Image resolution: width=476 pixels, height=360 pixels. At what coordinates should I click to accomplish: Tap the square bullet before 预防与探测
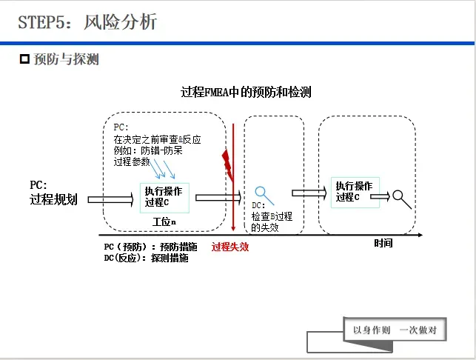pyautogui.click(x=24, y=59)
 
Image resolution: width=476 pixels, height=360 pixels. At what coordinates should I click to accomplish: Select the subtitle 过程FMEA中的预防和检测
pyautogui.click(x=246, y=93)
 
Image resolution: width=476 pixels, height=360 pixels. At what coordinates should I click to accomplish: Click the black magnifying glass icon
pyautogui.click(x=402, y=198)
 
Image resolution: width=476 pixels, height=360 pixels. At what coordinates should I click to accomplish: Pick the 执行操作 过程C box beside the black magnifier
pyautogui.click(x=355, y=191)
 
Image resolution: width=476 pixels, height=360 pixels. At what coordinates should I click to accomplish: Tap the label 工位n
pyautogui.click(x=164, y=221)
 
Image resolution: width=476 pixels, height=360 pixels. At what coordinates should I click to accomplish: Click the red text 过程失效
pyautogui.click(x=230, y=247)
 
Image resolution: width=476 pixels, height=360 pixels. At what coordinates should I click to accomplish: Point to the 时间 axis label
pyautogui.click(x=383, y=243)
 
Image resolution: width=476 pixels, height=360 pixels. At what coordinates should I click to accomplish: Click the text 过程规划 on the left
pyautogui.click(x=53, y=199)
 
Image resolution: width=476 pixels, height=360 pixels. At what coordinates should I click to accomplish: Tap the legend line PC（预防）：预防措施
pyautogui.click(x=151, y=247)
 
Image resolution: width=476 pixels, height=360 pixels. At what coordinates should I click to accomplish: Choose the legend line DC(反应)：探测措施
pyautogui.click(x=146, y=259)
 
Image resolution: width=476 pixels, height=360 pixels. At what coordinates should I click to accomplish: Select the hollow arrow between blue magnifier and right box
pyautogui.click(x=309, y=193)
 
